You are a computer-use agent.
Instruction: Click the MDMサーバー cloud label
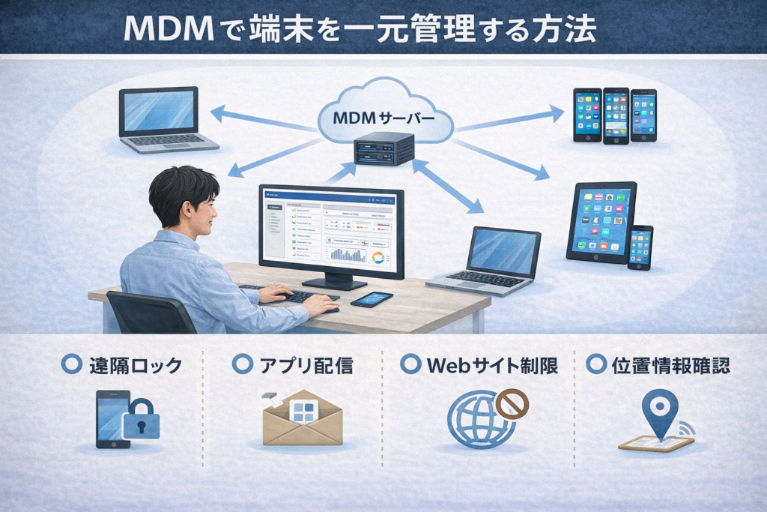click(x=382, y=118)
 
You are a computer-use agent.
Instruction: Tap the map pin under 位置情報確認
click(x=660, y=409)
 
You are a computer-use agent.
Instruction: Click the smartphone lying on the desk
click(x=371, y=298)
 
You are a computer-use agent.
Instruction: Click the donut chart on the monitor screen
click(x=378, y=257)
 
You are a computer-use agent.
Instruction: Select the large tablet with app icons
click(x=601, y=221)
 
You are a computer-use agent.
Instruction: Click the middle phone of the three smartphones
click(x=616, y=115)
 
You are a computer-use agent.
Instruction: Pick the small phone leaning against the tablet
click(x=640, y=247)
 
